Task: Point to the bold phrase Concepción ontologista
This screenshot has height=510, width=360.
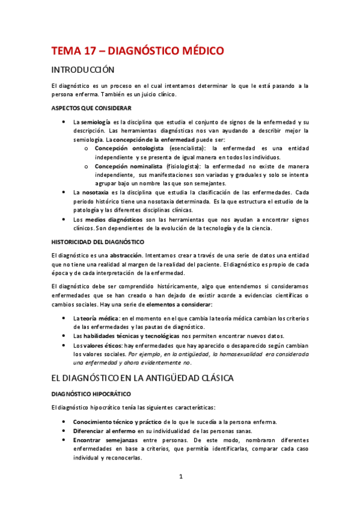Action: (x=129, y=147)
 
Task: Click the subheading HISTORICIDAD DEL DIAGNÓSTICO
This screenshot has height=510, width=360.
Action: (x=102, y=242)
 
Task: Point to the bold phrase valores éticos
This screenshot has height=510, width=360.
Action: (x=105, y=345)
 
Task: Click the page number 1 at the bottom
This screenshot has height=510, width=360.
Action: (x=180, y=477)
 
